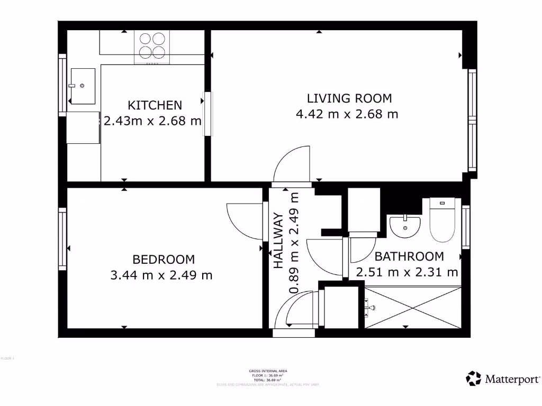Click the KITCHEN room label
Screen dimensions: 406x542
pos(155,105)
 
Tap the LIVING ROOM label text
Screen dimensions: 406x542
pos(349,98)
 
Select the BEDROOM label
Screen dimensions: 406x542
pos(164,260)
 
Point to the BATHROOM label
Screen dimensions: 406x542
pos(409,257)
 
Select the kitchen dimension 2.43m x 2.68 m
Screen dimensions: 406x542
pos(152,121)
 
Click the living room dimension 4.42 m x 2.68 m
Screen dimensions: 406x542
pos(347,114)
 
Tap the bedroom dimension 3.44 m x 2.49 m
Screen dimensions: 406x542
pos(161,275)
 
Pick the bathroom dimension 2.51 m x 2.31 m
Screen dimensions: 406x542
pos(406,273)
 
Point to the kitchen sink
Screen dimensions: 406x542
pos(83,86)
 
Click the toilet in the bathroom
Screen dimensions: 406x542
pos(442,220)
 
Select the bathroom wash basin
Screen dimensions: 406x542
pos(405,226)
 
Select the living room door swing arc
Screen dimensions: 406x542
pos(292,165)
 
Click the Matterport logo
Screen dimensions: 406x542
pos(503,379)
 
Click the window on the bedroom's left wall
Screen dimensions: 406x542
pos(62,239)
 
